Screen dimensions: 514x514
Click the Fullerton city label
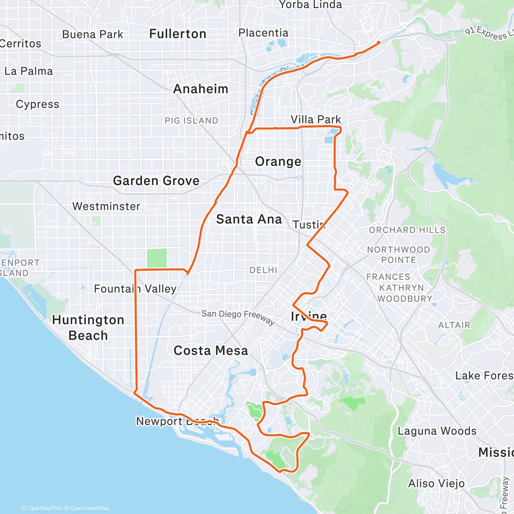(177, 34)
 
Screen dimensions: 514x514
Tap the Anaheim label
(200, 89)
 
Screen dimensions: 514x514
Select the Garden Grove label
(156, 181)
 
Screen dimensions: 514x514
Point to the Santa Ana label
(249, 219)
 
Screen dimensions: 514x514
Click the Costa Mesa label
(210, 351)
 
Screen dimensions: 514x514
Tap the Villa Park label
(316, 120)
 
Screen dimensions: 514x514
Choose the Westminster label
(106, 206)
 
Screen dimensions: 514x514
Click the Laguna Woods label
(437, 431)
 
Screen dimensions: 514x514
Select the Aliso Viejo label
(436, 484)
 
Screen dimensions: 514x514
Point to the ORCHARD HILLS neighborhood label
(407, 230)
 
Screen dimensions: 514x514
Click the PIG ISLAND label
(191, 121)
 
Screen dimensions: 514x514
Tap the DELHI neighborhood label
(263, 270)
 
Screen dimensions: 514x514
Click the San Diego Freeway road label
(238, 316)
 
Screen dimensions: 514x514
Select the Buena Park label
(93, 35)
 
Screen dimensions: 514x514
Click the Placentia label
(263, 33)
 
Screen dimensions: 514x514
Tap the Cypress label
(37, 105)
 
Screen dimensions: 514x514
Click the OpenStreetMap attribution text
(90, 508)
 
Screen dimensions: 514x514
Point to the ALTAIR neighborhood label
(454, 325)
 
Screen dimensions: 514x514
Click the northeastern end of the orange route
(379, 42)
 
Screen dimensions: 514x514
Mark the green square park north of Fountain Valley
(157, 258)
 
